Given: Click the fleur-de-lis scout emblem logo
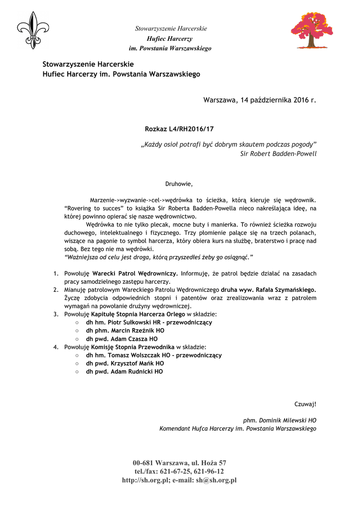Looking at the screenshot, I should tap(33, 30).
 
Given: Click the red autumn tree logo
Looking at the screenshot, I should tap(312, 30).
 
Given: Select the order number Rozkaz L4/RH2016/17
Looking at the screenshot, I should tap(179, 129).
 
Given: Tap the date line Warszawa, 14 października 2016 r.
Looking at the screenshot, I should tap(259, 100).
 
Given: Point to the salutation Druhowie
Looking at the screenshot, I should tap(179, 184).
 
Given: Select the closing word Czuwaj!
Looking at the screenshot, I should tap(305, 404).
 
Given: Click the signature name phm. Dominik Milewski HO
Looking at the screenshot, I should tap(279, 420).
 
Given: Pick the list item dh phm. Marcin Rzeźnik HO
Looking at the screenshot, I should tap(125, 330).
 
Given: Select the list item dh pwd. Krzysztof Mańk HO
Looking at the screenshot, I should tap(124, 363).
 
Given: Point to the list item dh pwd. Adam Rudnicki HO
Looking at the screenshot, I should tap(124, 372).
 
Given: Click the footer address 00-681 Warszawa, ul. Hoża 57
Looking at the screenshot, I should tap(179, 463).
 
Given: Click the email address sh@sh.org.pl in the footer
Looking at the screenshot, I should tap(216, 480).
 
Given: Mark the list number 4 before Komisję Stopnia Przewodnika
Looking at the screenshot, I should tap(55, 347).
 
